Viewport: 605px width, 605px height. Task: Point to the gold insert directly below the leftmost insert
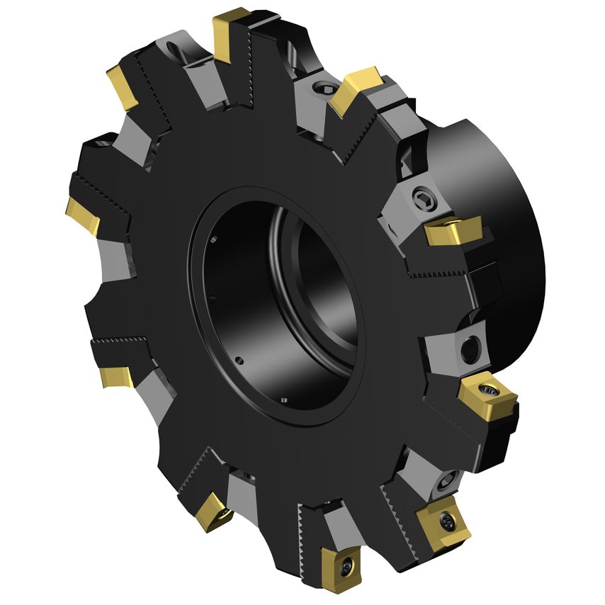point(115,375)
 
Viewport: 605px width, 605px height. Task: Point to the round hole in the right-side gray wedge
point(468,349)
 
